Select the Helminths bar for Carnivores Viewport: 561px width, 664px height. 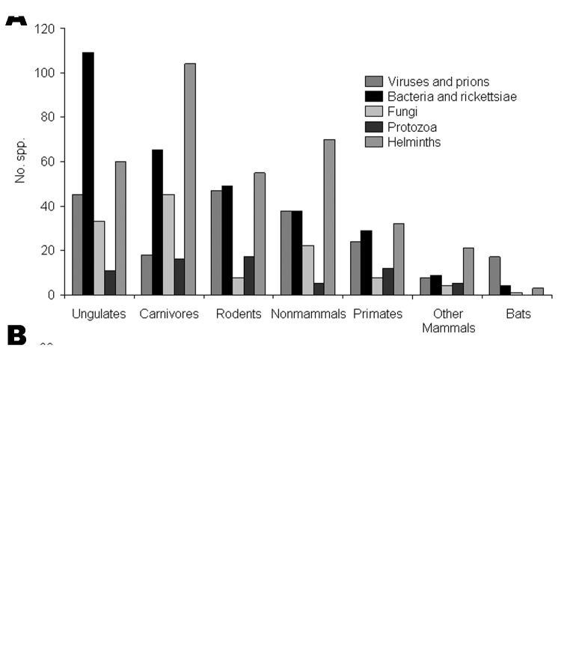[190, 179]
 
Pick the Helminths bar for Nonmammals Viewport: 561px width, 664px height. [329, 217]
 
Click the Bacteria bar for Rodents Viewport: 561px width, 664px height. [227, 240]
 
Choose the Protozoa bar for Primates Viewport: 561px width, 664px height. [387, 281]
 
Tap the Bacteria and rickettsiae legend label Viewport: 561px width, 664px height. [452, 97]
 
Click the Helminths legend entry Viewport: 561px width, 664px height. [414, 141]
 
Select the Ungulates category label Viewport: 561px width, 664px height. [99, 314]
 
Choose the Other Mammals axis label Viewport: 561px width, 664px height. [449, 320]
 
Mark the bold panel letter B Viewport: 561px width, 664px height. [16, 336]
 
